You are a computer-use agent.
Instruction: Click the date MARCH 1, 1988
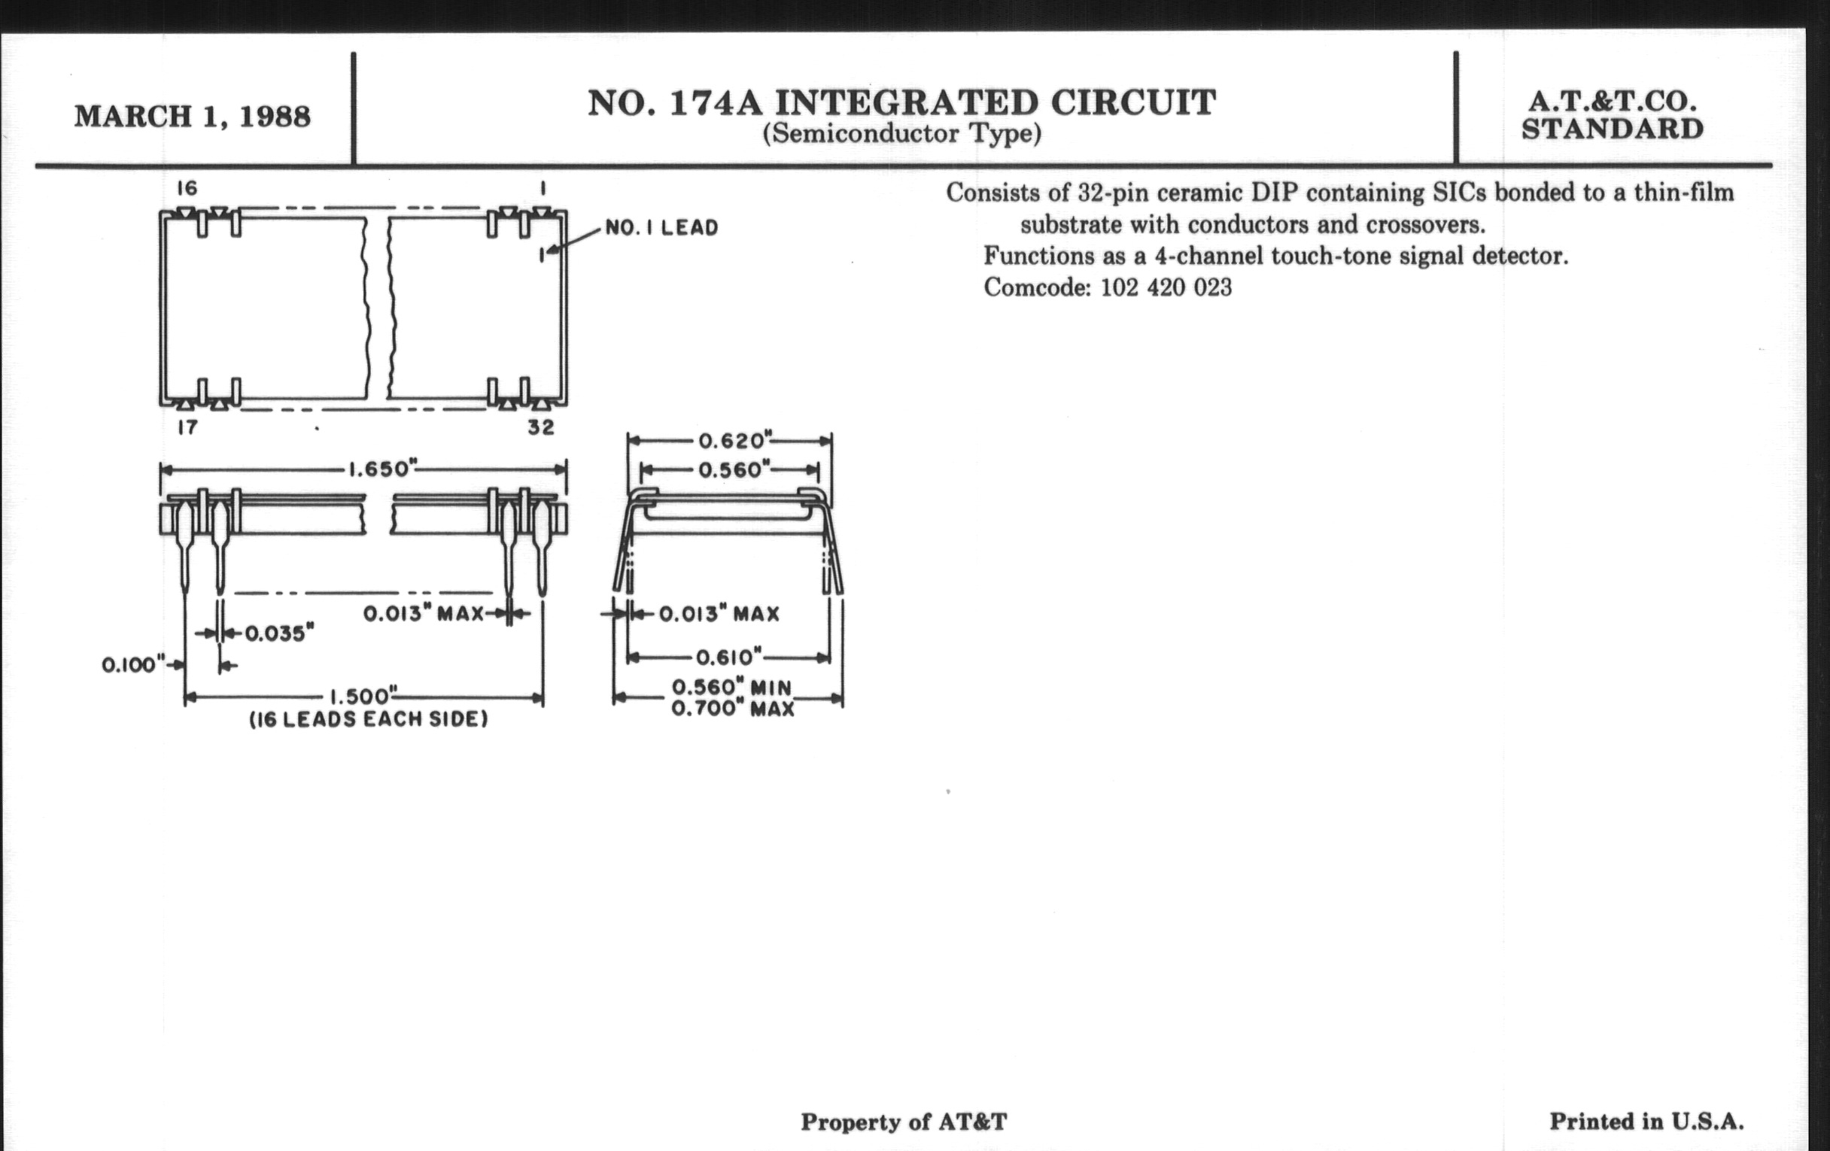193,117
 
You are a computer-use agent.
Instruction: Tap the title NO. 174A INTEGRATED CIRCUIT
901,103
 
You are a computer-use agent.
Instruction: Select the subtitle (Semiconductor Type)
901,135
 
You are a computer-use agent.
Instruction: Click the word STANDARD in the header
1612,129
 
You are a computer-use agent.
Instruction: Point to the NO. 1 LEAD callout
661,228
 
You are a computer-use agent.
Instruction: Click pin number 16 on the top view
186,187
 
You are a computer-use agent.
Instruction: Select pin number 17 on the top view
187,428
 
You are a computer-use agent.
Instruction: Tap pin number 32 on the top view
540,428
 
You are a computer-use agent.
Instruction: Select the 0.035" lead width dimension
279,633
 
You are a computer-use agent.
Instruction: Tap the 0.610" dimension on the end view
729,657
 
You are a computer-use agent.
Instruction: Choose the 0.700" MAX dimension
733,709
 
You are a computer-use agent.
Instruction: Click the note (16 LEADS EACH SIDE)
369,719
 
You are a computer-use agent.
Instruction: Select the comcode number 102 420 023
1166,288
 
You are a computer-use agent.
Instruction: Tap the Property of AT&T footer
904,1122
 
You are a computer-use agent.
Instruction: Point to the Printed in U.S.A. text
1646,1122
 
